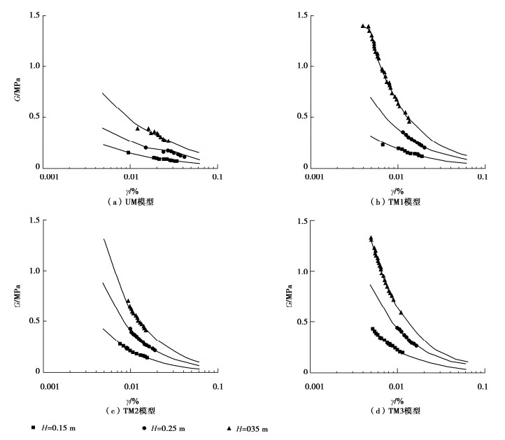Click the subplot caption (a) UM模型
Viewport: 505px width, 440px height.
click(130, 201)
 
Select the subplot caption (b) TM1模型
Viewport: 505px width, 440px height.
click(396, 201)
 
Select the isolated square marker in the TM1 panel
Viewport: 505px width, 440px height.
click(383, 144)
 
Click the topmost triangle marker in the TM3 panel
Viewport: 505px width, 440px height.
click(371, 238)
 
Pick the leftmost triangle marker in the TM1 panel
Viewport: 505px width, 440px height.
click(362, 26)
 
